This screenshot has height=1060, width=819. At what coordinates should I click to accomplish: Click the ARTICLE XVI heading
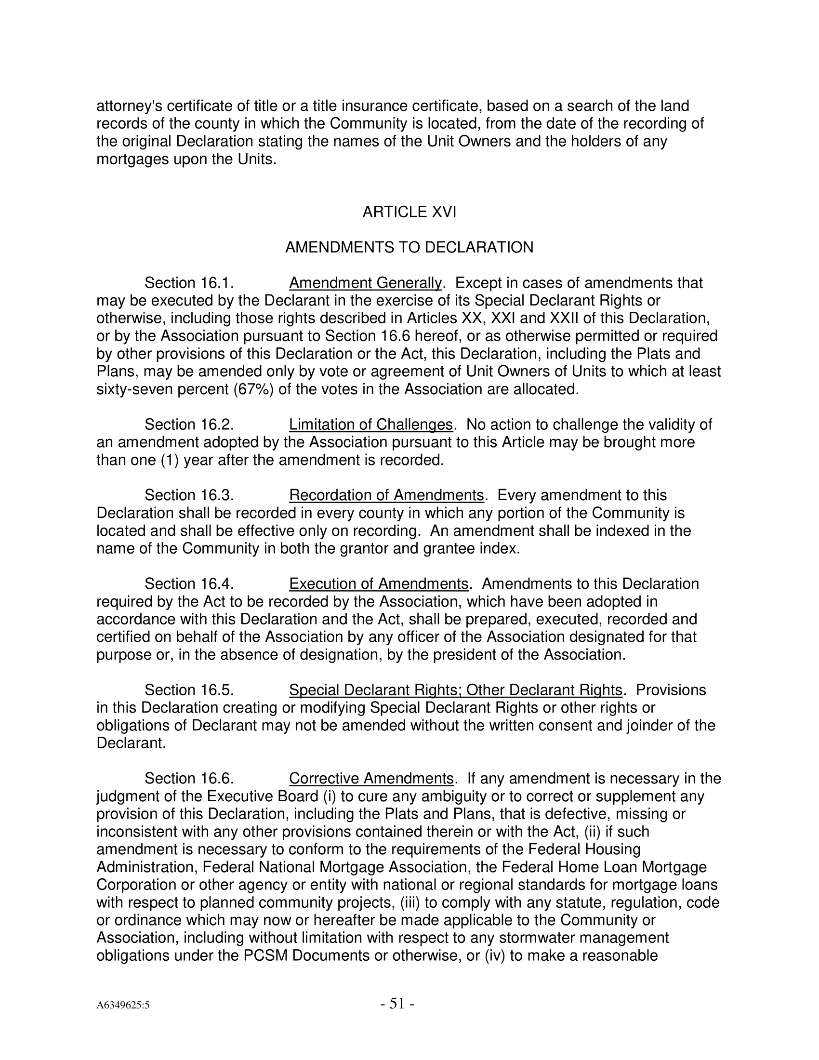[409, 212]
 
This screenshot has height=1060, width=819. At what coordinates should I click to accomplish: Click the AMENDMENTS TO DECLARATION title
[409, 248]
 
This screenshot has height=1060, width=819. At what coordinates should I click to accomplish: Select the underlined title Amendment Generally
[365, 283]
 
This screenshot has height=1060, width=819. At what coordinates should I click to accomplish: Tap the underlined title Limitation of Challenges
[370, 424]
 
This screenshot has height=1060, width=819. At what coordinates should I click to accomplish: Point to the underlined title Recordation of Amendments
[386, 495]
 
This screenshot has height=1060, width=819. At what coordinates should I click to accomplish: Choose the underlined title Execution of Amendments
[379, 583]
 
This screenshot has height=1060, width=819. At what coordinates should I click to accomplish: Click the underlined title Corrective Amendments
[370, 779]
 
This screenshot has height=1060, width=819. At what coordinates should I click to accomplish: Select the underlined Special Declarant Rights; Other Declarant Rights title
[456, 689]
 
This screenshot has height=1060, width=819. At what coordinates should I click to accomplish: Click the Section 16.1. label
[190, 283]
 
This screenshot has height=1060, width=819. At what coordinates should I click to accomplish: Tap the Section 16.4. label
[190, 583]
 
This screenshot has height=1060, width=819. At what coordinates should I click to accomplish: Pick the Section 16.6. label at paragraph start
[190, 779]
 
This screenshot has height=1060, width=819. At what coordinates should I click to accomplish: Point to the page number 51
[397, 1003]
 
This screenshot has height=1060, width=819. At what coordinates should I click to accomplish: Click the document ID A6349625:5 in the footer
[123, 1005]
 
